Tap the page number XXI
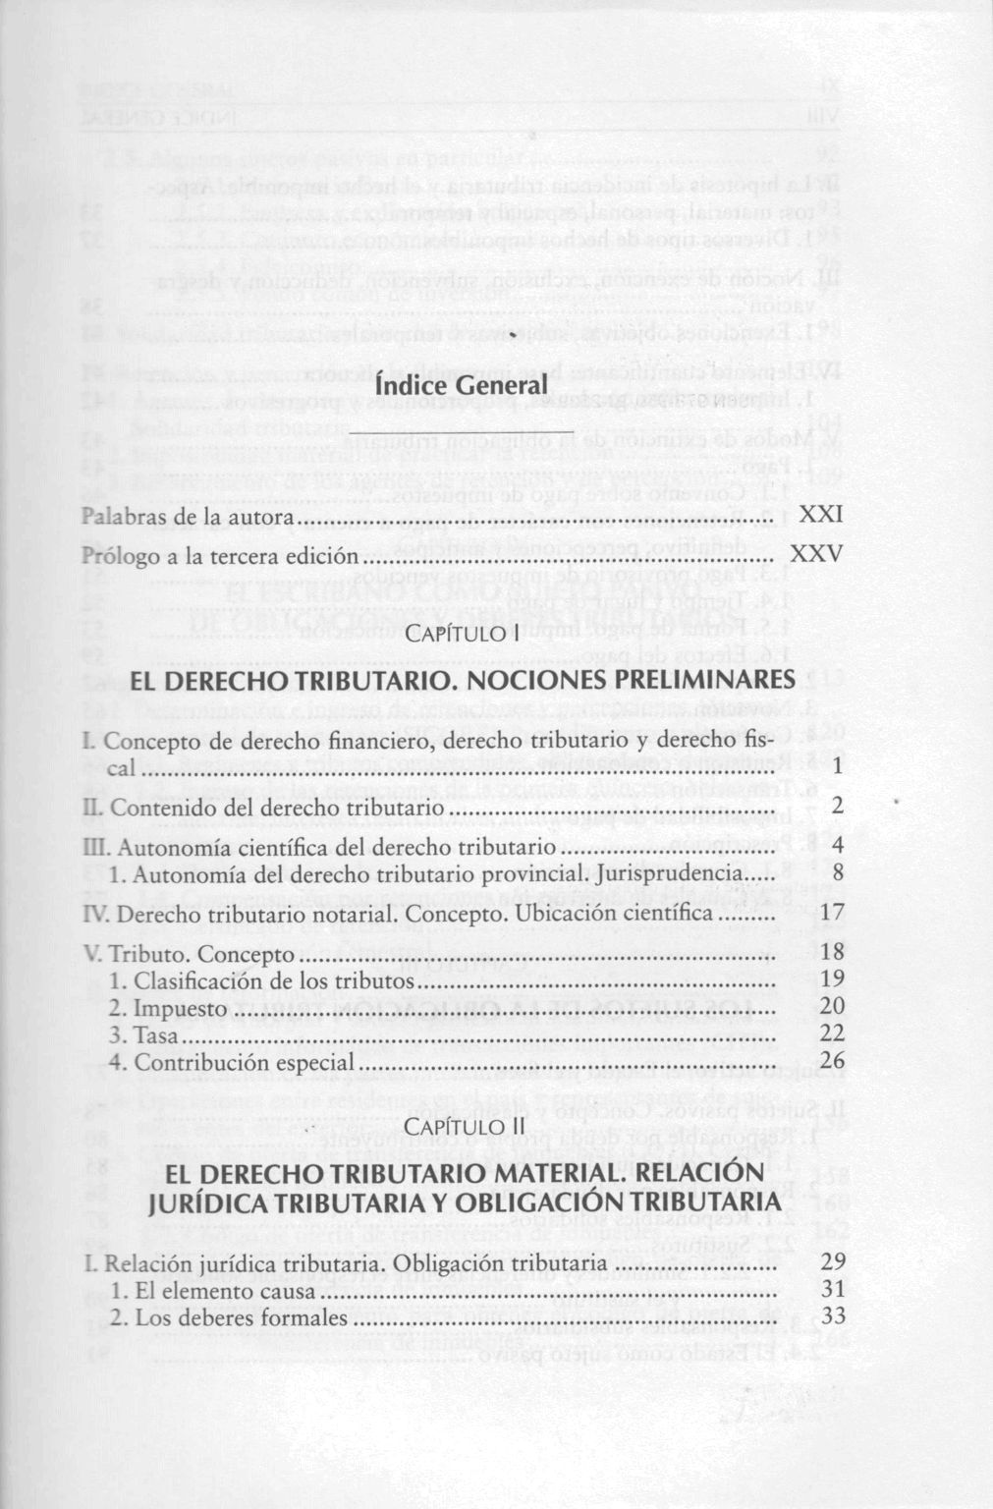tap(820, 516)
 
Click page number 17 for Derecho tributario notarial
tap(831, 914)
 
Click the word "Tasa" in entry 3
tap(156, 1035)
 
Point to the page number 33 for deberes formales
tap(831, 1316)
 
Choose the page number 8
tap(837, 872)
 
